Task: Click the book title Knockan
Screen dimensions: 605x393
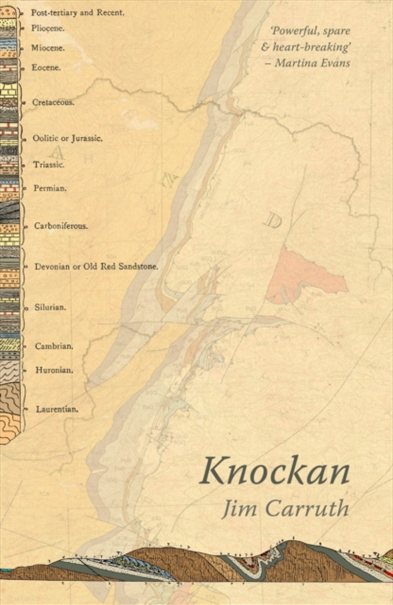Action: click(x=275, y=471)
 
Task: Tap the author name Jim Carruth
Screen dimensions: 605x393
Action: click(x=285, y=508)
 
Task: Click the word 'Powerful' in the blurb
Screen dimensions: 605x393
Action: click(x=292, y=30)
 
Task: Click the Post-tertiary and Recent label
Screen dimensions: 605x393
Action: click(x=78, y=12)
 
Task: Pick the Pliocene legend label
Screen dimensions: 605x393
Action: click(x=48, y=28)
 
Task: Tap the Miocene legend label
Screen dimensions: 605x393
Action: click(x=48, y=48)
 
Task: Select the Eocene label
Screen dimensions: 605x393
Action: click(x=46, y=67)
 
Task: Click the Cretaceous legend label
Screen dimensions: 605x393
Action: click(x=53, y=102)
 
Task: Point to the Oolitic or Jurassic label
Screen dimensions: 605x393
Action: click(x=67, y=138)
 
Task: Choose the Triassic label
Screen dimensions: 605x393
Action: click(x=48, y=164)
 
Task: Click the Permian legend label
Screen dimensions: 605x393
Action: click(x=50, y=188)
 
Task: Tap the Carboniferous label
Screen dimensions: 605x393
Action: click(x=60, y=226)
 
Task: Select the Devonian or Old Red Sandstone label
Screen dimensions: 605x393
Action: click(x=96, y=267)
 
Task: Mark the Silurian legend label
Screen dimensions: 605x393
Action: click(x=50, y=307)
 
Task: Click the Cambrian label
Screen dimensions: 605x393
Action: click(x=54, y=346)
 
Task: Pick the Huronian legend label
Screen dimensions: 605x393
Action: click(x=54, y=370)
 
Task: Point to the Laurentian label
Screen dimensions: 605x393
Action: click(x=57, y=408)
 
